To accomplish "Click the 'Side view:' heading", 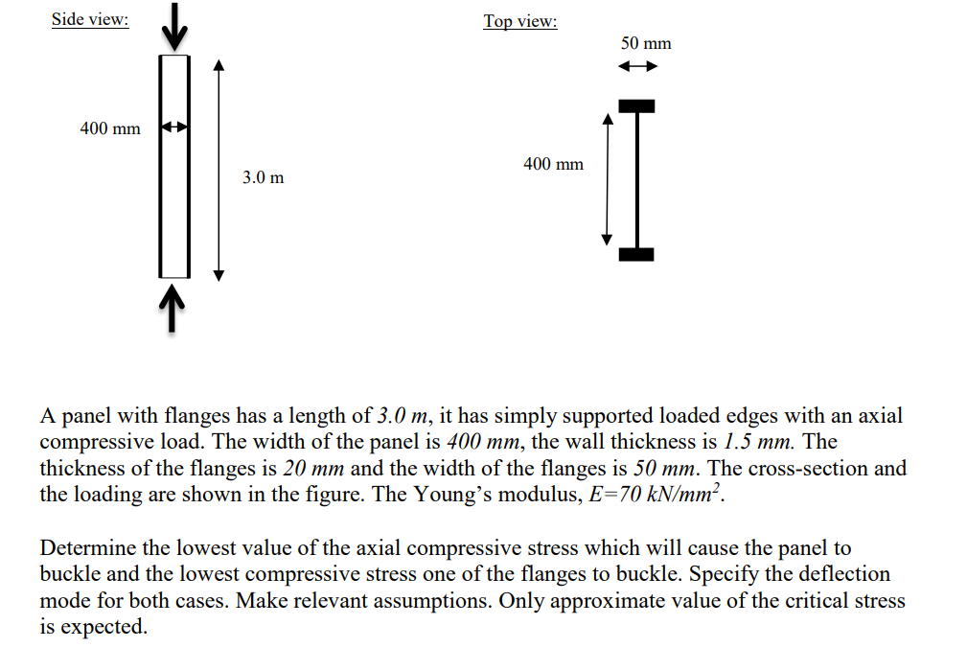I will [x=90, y=20].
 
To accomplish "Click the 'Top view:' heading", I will [x=519, y=21].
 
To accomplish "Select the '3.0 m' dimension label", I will [x=263, y=178].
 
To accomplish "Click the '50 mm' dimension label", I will [x=646, y=43].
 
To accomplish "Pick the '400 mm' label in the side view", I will [x=109, y=128].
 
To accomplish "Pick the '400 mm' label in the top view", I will [x=553, y=164].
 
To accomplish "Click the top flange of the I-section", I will [x=637, y=104].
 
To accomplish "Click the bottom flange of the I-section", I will [x=637, y=254].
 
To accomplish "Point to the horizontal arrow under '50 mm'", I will [x=637, y=67].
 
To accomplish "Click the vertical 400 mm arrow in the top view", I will [x=606, y=179].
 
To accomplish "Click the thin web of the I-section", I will [x=637, y=179].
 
